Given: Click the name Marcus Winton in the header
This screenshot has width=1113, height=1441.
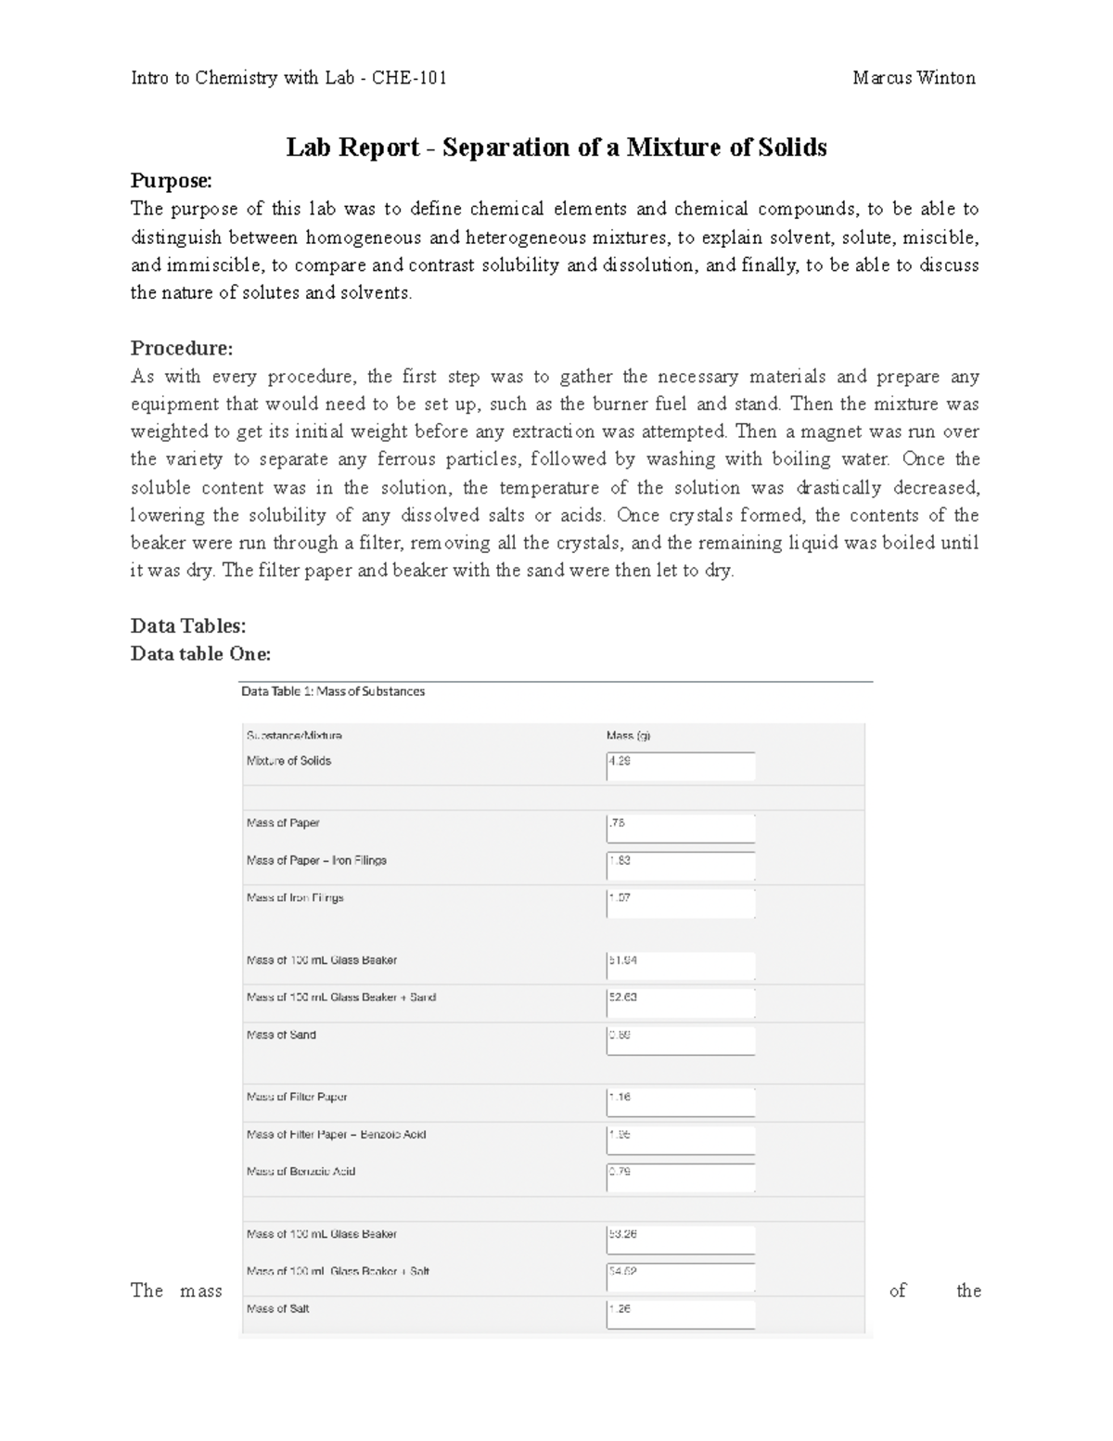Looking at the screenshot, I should [x=914, y=78].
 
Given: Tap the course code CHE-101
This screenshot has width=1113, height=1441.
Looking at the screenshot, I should [x=409, y=78].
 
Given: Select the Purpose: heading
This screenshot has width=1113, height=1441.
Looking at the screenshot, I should [x=172, y=180].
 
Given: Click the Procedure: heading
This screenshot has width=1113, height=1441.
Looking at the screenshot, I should [x=182, y=348].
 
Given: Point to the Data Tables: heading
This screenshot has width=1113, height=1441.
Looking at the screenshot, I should [x=188, y=626].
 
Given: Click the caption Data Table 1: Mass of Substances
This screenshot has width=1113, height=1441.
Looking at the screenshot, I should [x=333, y=691].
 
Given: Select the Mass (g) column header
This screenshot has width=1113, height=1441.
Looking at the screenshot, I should [x=629, y=736].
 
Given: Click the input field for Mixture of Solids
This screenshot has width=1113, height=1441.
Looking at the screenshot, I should [x=681, y=766].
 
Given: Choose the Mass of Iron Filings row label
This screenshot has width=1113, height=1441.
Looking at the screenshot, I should [x=295, y=898].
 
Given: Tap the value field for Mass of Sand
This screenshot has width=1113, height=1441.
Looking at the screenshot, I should [x=681, y=1041].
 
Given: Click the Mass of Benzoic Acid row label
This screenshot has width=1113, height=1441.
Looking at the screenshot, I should [x=301, y=1172].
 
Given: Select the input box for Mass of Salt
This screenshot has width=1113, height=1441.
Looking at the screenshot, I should [x=681, y=1315].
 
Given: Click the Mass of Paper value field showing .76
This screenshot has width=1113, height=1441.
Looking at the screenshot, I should [x=681, y=829].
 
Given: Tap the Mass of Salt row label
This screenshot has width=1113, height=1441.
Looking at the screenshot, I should [x=278, y=1309].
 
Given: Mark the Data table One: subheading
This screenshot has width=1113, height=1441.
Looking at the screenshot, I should [x=200, y=654].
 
